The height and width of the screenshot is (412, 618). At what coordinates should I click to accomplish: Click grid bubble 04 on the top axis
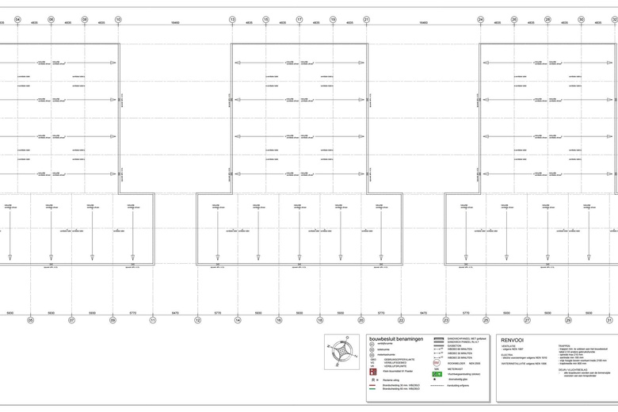[17, 19]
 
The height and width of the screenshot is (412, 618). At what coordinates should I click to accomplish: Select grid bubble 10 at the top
[118, 19]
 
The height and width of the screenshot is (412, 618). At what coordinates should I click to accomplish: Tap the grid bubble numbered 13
[232, 19]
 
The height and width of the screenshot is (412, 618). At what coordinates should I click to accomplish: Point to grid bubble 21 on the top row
[366, 19]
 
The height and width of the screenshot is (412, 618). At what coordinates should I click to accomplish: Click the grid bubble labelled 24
[480, 19]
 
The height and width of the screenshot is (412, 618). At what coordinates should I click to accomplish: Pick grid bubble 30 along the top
[581, 19]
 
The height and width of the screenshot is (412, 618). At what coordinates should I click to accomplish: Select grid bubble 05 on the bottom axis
[30, 320]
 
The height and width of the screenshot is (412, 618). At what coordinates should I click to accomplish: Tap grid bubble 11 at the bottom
[153, 320]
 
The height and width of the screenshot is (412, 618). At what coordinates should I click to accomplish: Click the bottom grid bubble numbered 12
[197, 320]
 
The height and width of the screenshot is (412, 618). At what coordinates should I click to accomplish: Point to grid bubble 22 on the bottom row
[401, 320]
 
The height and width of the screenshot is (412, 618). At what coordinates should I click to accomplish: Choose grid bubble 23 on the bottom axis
[445, 320]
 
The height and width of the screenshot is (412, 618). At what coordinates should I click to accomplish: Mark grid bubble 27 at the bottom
[527, 320]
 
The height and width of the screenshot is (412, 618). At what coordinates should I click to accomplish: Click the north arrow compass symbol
[342, 351]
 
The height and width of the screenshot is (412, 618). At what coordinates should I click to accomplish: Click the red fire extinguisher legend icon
[373, 371]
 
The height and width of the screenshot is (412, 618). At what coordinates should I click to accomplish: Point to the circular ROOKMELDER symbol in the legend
[437, 362]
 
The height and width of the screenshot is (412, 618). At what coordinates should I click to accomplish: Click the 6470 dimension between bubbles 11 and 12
[175, 313]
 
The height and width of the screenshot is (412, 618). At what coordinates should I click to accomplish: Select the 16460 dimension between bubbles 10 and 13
[175, 23]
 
